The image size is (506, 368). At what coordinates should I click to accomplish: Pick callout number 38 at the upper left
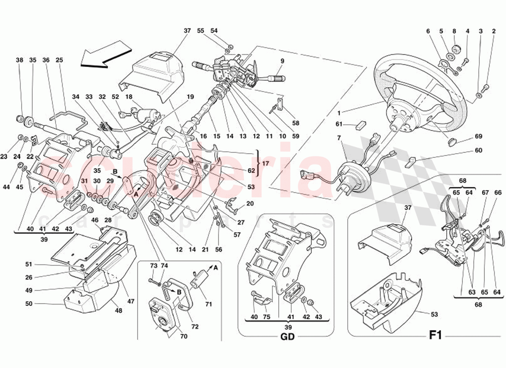coord(19,60)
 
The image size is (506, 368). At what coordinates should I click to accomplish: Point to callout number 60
coord(478,150)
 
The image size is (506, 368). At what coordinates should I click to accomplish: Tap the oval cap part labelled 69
coord(453,140)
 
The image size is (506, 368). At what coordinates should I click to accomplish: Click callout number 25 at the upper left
coord(59,60)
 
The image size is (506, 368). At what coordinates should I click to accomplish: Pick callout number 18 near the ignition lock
coord(128,97)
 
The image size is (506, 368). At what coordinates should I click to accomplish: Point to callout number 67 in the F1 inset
coord(485,193)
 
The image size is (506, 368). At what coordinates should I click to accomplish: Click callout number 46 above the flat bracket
coord(95,220)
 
